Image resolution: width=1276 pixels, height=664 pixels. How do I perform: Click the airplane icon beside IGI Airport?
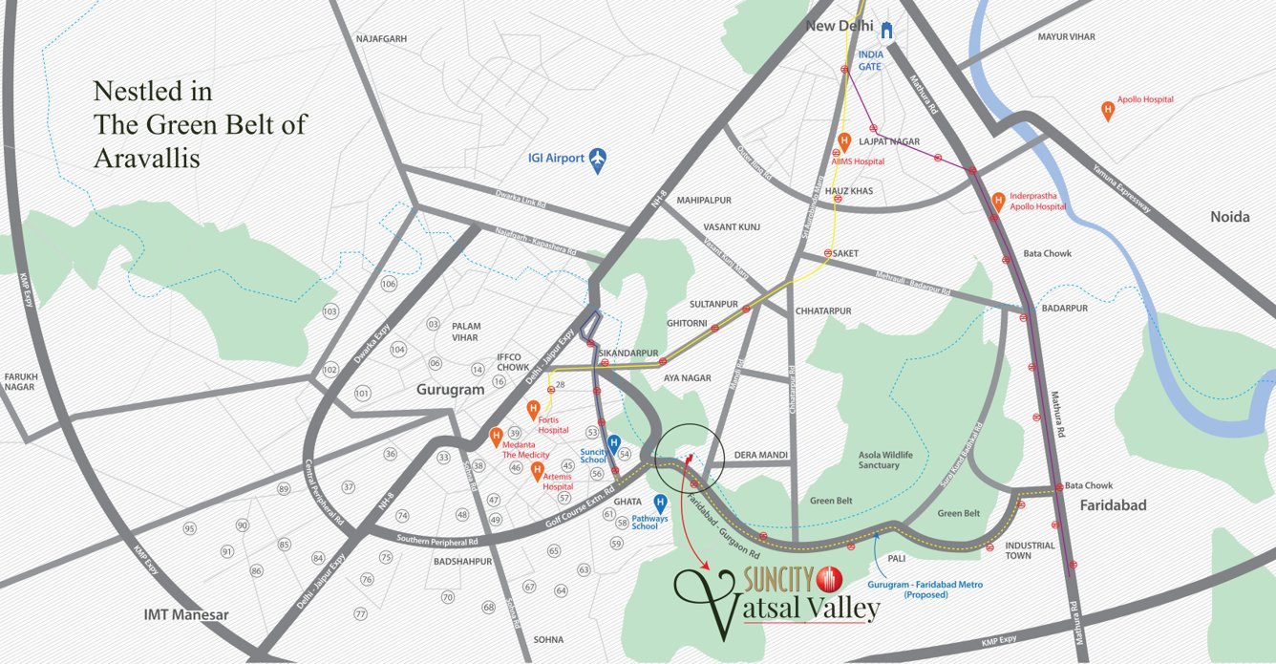pos(599,158)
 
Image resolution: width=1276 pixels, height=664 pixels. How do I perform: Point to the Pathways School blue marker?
pos(660,503)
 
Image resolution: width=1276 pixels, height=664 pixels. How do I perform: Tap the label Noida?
pos(1229,217)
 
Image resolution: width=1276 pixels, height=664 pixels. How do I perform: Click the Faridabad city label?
pos(1114,504)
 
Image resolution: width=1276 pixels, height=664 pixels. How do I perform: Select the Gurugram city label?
pos(450,390)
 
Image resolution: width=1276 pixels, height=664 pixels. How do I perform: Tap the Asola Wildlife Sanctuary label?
pos(879,460)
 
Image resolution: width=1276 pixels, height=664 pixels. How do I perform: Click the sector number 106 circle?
pos(389,285)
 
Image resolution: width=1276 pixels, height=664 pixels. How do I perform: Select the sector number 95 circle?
pos(190,528)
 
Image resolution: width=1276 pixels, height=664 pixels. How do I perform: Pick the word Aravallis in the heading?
pos(147,159)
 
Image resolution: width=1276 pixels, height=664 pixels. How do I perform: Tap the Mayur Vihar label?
pos(1067,36)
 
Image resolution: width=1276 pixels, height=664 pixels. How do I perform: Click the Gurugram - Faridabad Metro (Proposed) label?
pos(925,589)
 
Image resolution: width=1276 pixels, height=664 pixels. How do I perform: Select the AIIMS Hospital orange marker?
pos(843,141)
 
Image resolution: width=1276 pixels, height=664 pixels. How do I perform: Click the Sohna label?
pos(549,639)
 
